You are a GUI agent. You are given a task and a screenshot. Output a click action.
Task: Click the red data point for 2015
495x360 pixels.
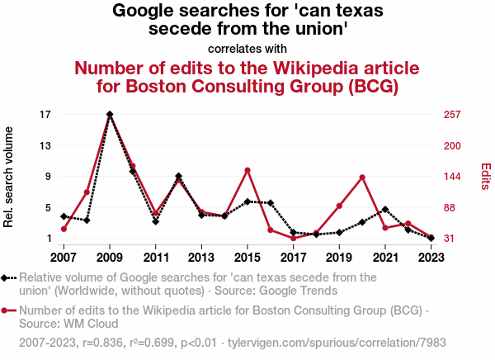point(247,170)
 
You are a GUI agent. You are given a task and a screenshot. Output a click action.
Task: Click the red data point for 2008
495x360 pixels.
point(87,192)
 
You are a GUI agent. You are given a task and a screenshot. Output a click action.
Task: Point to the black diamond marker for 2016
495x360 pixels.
point(271,202)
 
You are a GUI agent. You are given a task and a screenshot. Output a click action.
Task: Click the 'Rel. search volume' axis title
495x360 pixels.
point(10,177)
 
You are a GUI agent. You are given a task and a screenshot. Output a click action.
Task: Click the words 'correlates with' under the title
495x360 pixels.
point(247,48)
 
